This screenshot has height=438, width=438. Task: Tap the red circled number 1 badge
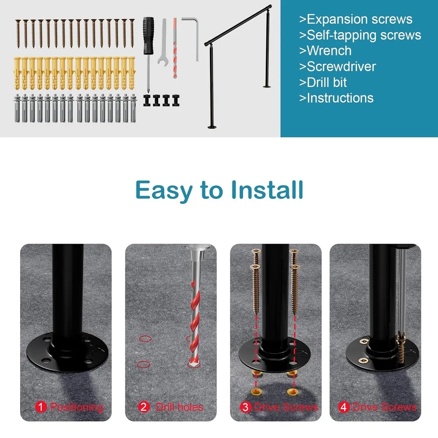click(x=41, y=407)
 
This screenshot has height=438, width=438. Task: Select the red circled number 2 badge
click(x=144, y=407)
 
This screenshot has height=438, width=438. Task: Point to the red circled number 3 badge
click(x=245, y=407)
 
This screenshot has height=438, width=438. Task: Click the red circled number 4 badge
click(x=344, y=407)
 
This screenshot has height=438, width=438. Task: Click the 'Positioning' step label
click(x=76, y=407)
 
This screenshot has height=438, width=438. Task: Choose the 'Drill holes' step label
click(x=179, y=407)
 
